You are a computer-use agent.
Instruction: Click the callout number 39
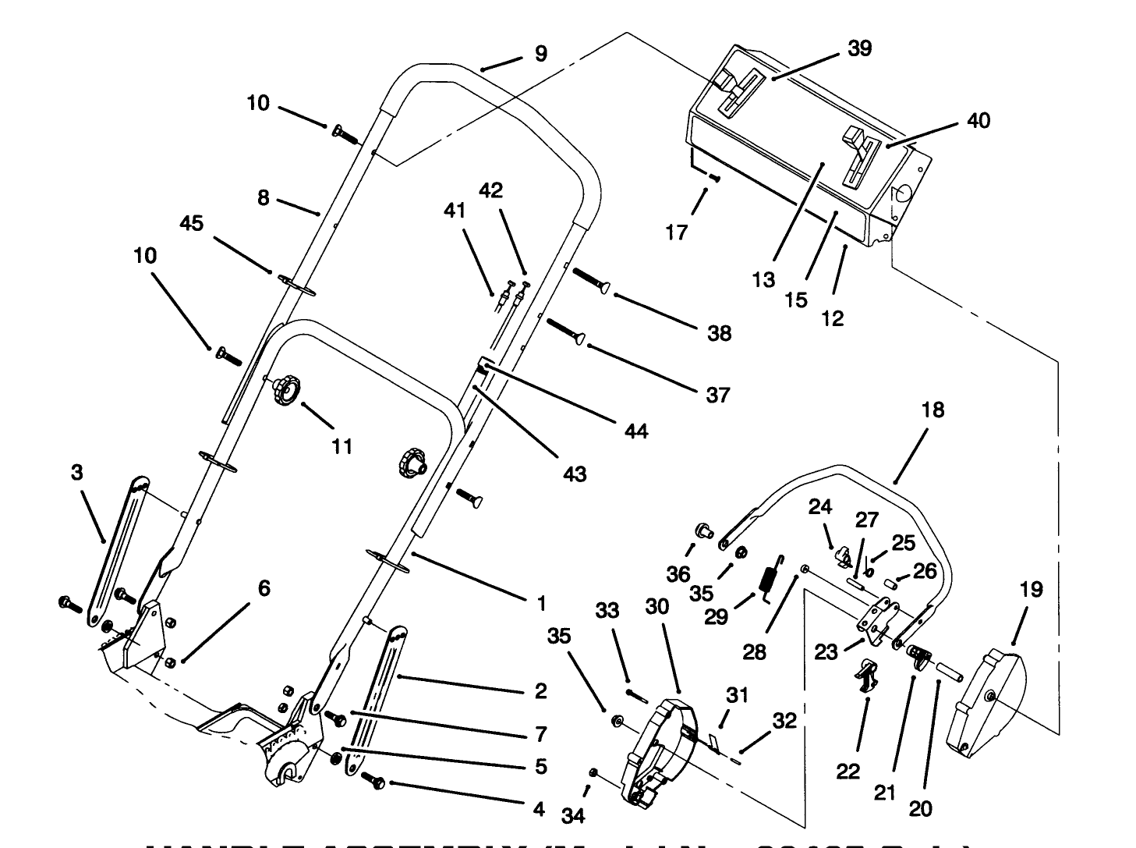859,48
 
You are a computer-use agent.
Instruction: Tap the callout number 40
979,120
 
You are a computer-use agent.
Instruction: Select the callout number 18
933,410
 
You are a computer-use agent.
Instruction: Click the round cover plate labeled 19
986,699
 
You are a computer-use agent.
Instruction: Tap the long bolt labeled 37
568,330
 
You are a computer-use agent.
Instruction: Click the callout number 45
191,223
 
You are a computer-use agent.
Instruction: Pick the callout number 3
76,473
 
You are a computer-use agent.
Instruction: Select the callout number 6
264,587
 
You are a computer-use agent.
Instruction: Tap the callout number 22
848,772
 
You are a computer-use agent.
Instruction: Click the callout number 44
636,430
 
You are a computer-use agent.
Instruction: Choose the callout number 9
540,53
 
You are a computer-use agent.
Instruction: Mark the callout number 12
833,318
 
